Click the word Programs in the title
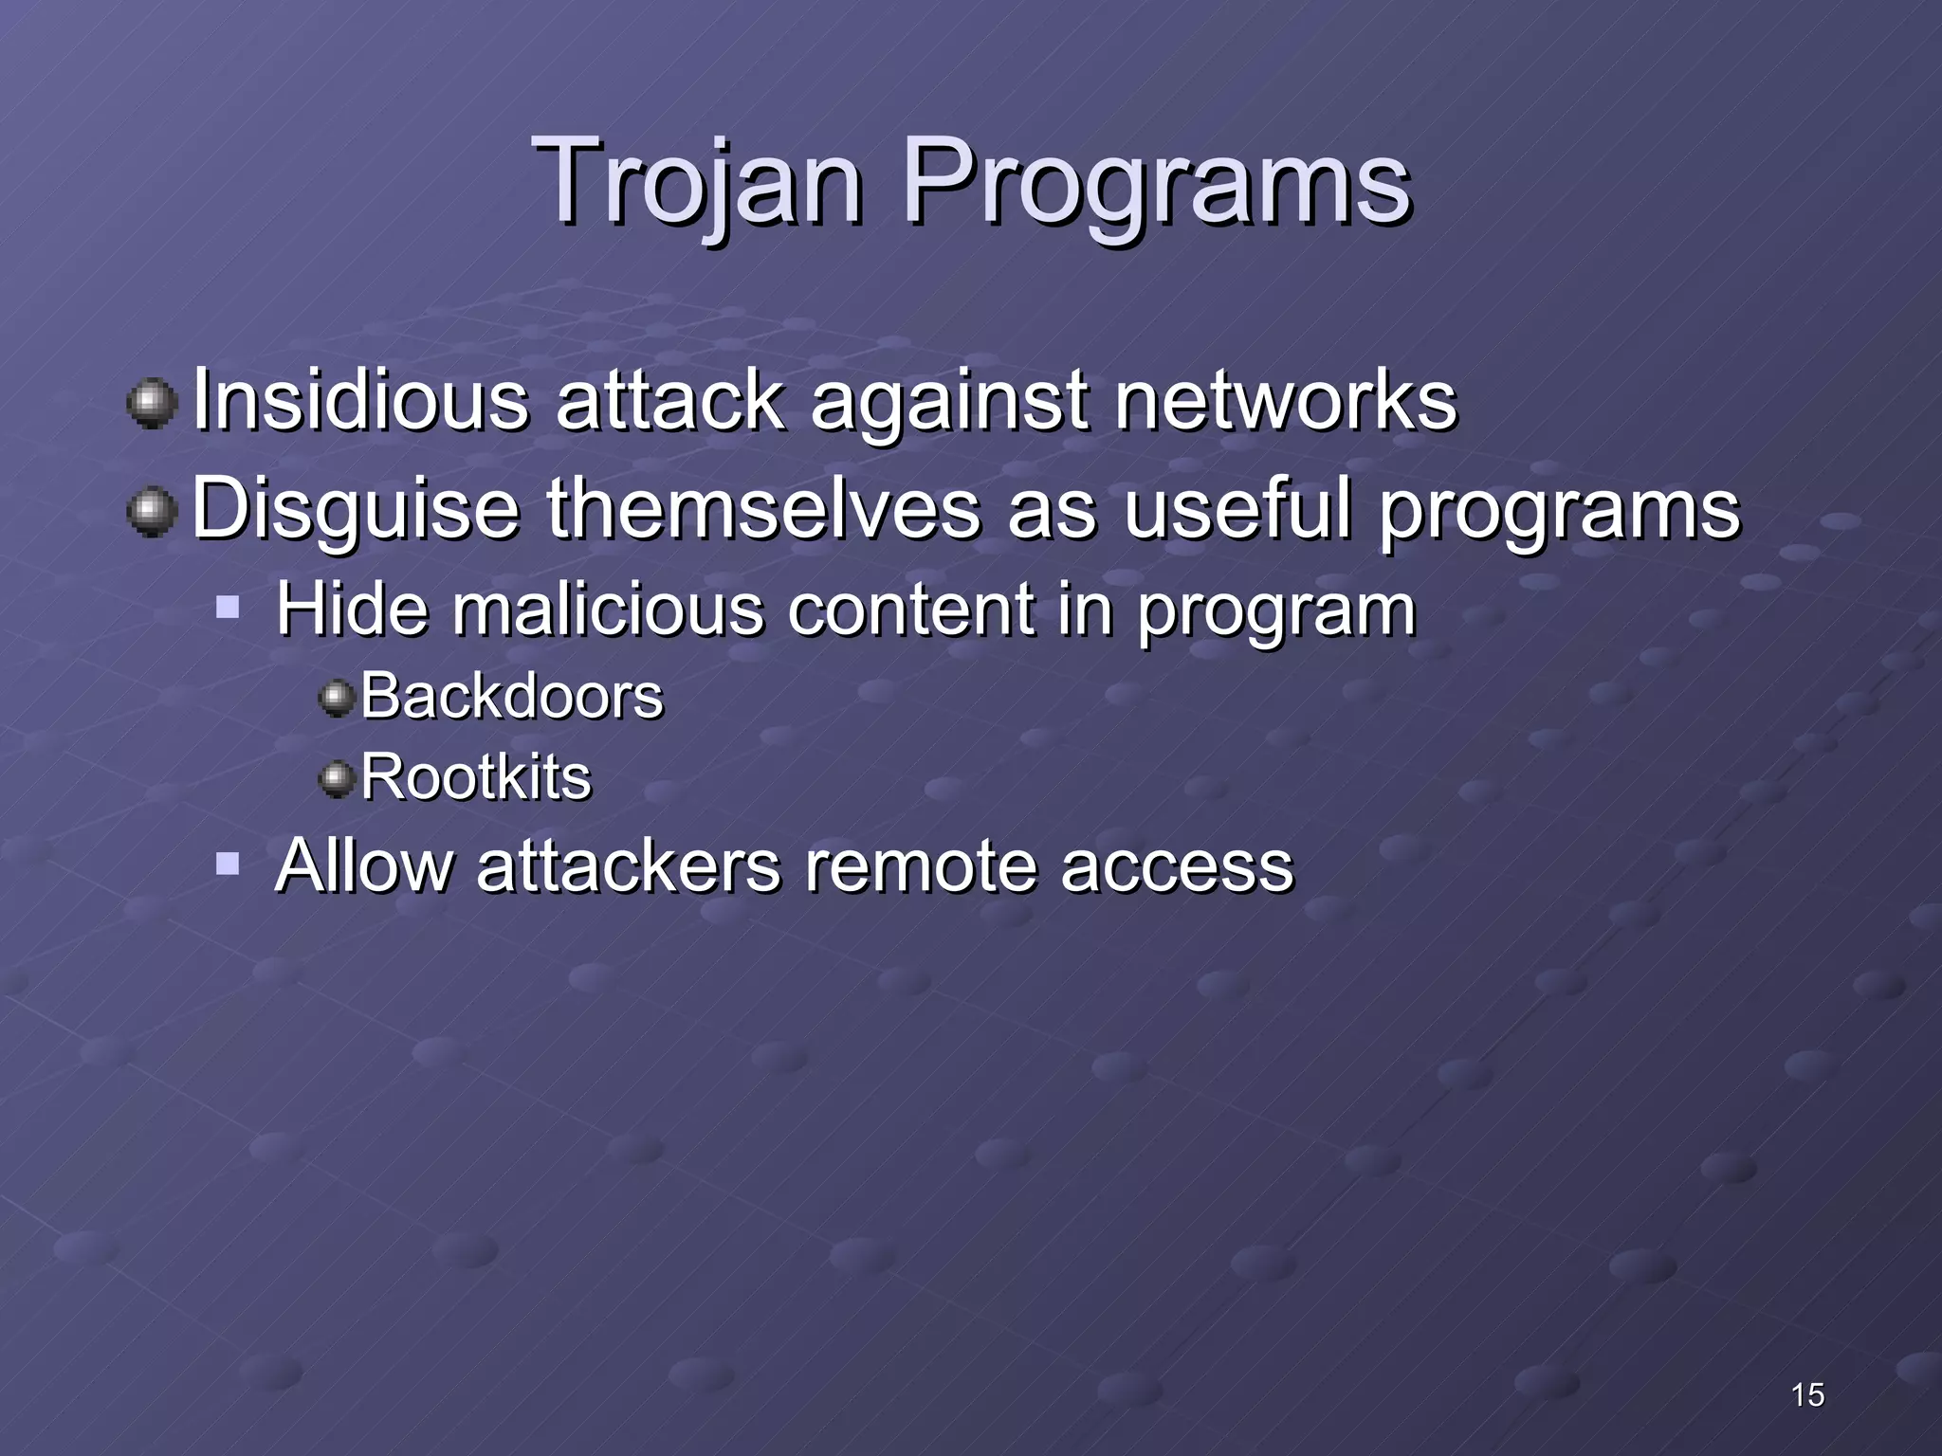tap(1156, 182)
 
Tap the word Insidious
tap(360, 401)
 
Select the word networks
tap(1285, 401)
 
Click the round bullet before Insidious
tap(152, 405)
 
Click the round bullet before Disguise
tap(152, 512)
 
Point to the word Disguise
tap(356, 510)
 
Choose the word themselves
tap(763, 510)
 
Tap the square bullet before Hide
tap(228, 607)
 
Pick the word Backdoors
tap(512, 697)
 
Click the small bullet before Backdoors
tap(335, 700)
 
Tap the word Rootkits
tap(476, 778)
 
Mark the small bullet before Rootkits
tap(335, 780)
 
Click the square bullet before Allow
tap(228, 864)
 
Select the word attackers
tap(629, 865)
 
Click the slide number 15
tap(1807, 1394)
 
